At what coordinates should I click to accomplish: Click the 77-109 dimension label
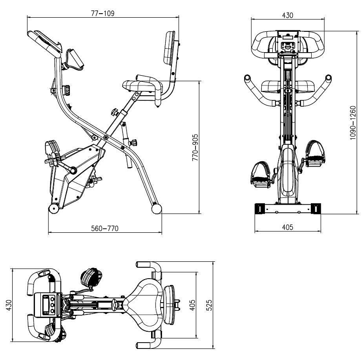pyautogui.click(x=103, y=13)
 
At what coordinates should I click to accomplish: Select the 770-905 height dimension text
pyautogui.click(x=195, y=147)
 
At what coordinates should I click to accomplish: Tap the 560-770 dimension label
pyautogui.click(x=105, y=229)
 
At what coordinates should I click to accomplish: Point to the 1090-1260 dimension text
pyautogui.click(x=353, y=123)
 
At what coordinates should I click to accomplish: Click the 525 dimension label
pyautogui.click(x=209, y=305)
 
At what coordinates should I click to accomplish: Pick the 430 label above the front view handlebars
pyautogui.click(x=288, y=15)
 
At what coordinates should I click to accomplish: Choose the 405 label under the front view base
pyautogui.click(x=288, y=227)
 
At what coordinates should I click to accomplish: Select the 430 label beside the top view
pyautogui.click(x=8, y=305)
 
